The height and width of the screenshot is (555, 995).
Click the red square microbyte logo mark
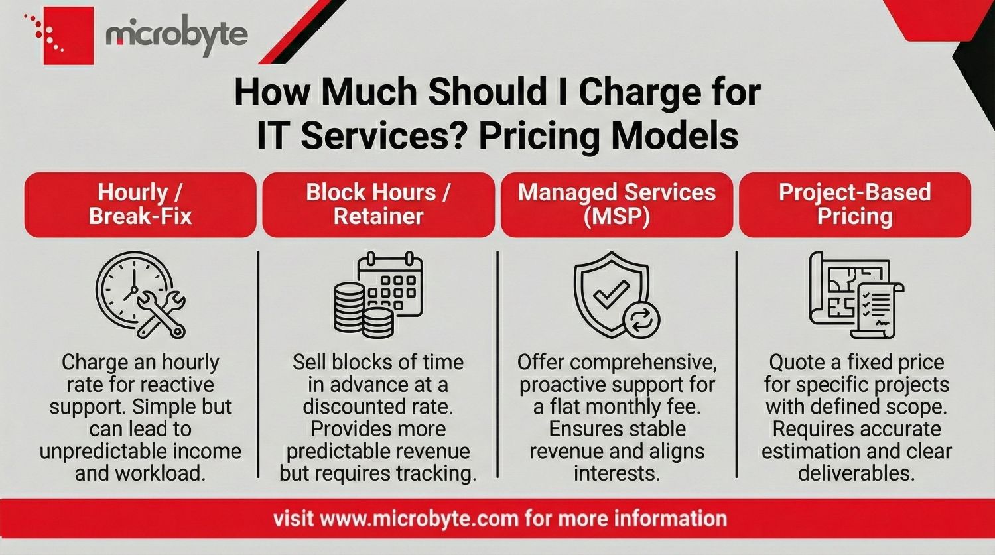click(x=68, y=36)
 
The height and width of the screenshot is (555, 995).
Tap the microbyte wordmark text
click(x=176, y=35)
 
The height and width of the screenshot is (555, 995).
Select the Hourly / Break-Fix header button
click(x=140, y=204)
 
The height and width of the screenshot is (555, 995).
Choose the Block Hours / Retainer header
click(x=378, y=204)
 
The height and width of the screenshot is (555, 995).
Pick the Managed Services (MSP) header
click(x=617, y=204)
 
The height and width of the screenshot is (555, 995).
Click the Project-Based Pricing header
click(x=855, y=204)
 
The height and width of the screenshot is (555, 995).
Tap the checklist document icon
click(x=878, y=308)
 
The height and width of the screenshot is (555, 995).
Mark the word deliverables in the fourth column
click(x=856, y=473)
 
